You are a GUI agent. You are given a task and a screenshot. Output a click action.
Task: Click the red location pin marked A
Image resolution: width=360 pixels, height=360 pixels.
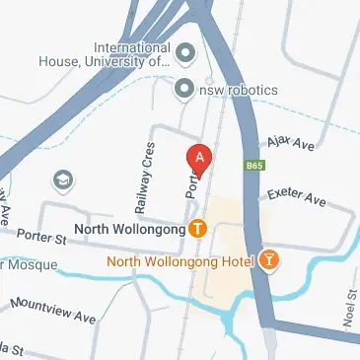(x=199, y=158)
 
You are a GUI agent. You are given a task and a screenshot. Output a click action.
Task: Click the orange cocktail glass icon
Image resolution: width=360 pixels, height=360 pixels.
(x=268, y=260)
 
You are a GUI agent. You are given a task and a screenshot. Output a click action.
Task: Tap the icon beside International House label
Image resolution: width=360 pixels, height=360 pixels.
(x=184, y=51)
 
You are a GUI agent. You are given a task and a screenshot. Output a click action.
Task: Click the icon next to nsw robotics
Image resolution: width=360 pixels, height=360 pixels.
(x=182, y=90)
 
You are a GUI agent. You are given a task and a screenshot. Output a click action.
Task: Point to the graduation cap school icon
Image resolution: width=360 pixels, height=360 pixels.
(x=63, y=180)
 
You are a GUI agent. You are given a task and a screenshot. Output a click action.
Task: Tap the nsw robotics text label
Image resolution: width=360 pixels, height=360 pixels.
(x=238, y=90)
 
